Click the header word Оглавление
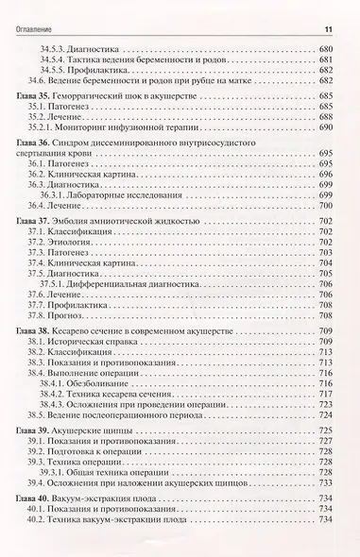37,11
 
